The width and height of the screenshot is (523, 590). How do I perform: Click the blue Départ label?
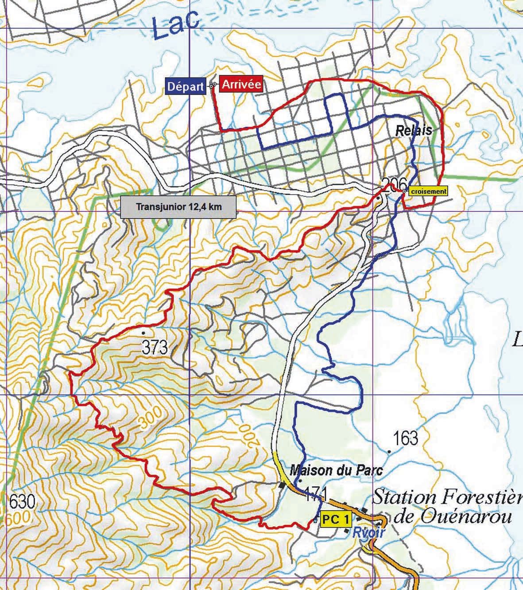click(186, 86)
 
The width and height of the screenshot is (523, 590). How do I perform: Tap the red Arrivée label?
click(241, 84)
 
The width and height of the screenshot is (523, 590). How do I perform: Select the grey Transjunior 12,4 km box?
click(178, 207)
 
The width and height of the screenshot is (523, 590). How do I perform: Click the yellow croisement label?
click(428, 191)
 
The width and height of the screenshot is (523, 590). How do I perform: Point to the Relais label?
click(413, 131)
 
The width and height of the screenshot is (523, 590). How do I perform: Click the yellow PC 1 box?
click(335, 519)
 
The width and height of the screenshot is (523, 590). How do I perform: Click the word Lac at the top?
click(175, 26)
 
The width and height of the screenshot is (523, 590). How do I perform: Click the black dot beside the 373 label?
click(143, 332)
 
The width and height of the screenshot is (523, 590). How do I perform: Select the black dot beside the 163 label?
click(389, 452)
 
